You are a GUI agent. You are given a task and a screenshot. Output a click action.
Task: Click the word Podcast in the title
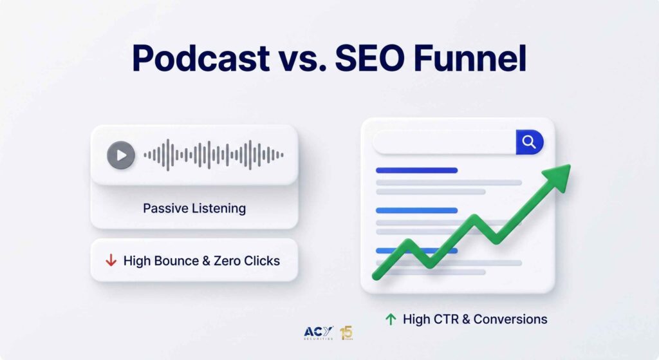[201, 58]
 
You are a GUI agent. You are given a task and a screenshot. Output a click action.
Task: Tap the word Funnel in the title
[470, 58]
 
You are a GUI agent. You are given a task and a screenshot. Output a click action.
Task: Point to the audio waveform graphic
[214, 155]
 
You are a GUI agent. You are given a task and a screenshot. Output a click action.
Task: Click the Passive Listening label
[194, 208]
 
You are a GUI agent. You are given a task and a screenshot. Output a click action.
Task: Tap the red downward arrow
[111, 260]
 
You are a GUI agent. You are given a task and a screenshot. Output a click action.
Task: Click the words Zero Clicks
[246, 261]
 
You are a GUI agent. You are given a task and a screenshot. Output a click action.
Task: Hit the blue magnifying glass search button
[530, 142]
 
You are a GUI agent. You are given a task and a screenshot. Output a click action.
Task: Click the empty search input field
[445, 142]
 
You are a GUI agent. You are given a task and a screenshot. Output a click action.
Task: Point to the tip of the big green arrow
[570, 165]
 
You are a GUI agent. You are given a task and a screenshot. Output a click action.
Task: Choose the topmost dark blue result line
[416, 170]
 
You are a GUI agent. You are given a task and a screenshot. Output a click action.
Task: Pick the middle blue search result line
[416, 211]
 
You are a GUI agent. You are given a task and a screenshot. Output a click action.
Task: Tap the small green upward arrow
[391, 319]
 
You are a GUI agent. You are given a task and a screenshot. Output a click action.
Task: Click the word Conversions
[510, 319]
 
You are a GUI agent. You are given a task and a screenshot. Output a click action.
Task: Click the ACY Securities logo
[318, 333]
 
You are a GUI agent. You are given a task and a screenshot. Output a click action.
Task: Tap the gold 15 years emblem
[346, 333]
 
